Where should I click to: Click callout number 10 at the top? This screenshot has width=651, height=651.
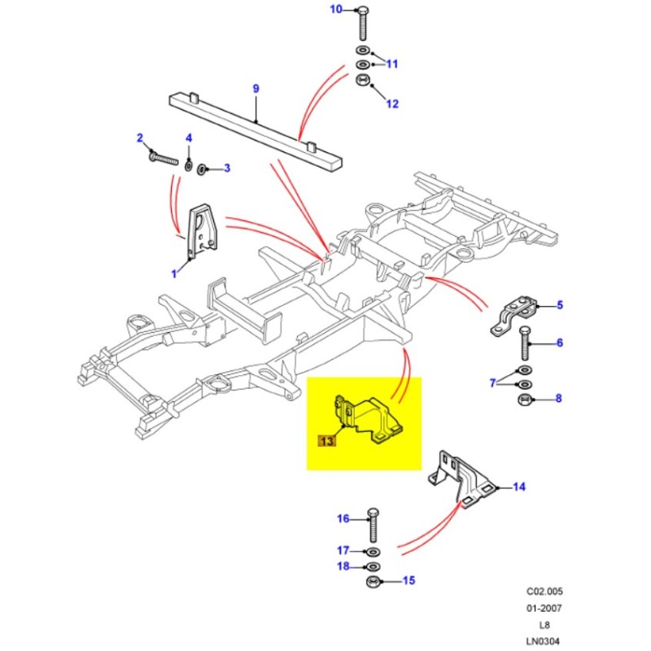pyautogui.click(x=337, y=10)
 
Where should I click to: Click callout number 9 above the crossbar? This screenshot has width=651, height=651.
pyautogui.click(x=256, y=88)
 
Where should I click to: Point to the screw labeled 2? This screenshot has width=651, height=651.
pyautogui.click(x=164, y=156)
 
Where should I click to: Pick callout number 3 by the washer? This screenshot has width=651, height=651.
pyautogui.click(x=228, y=168)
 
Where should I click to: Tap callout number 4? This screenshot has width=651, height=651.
pyautogui.click(x=189, y=138)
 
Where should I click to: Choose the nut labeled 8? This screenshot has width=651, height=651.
pyautogui.click(x=525, y=400)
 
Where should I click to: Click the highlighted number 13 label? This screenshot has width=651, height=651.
pyautogui.click(x=326, y=441)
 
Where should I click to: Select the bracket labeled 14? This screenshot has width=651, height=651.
pyautogui.click(x=462, y=480)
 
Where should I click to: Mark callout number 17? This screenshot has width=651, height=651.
pyautogui.click(x=343, y=549)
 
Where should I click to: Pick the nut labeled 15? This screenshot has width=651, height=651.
pyautogui.click(x=374, y=581)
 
